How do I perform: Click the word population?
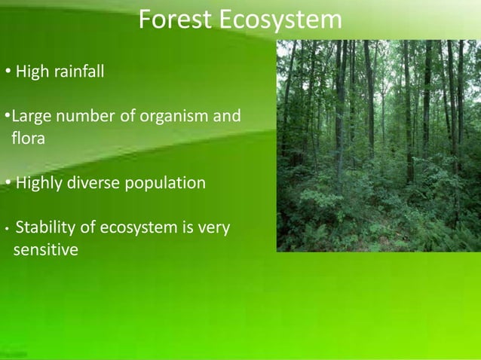(167, 183)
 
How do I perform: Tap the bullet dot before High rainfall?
(7, 73)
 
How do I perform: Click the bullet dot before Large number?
(7, 117)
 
